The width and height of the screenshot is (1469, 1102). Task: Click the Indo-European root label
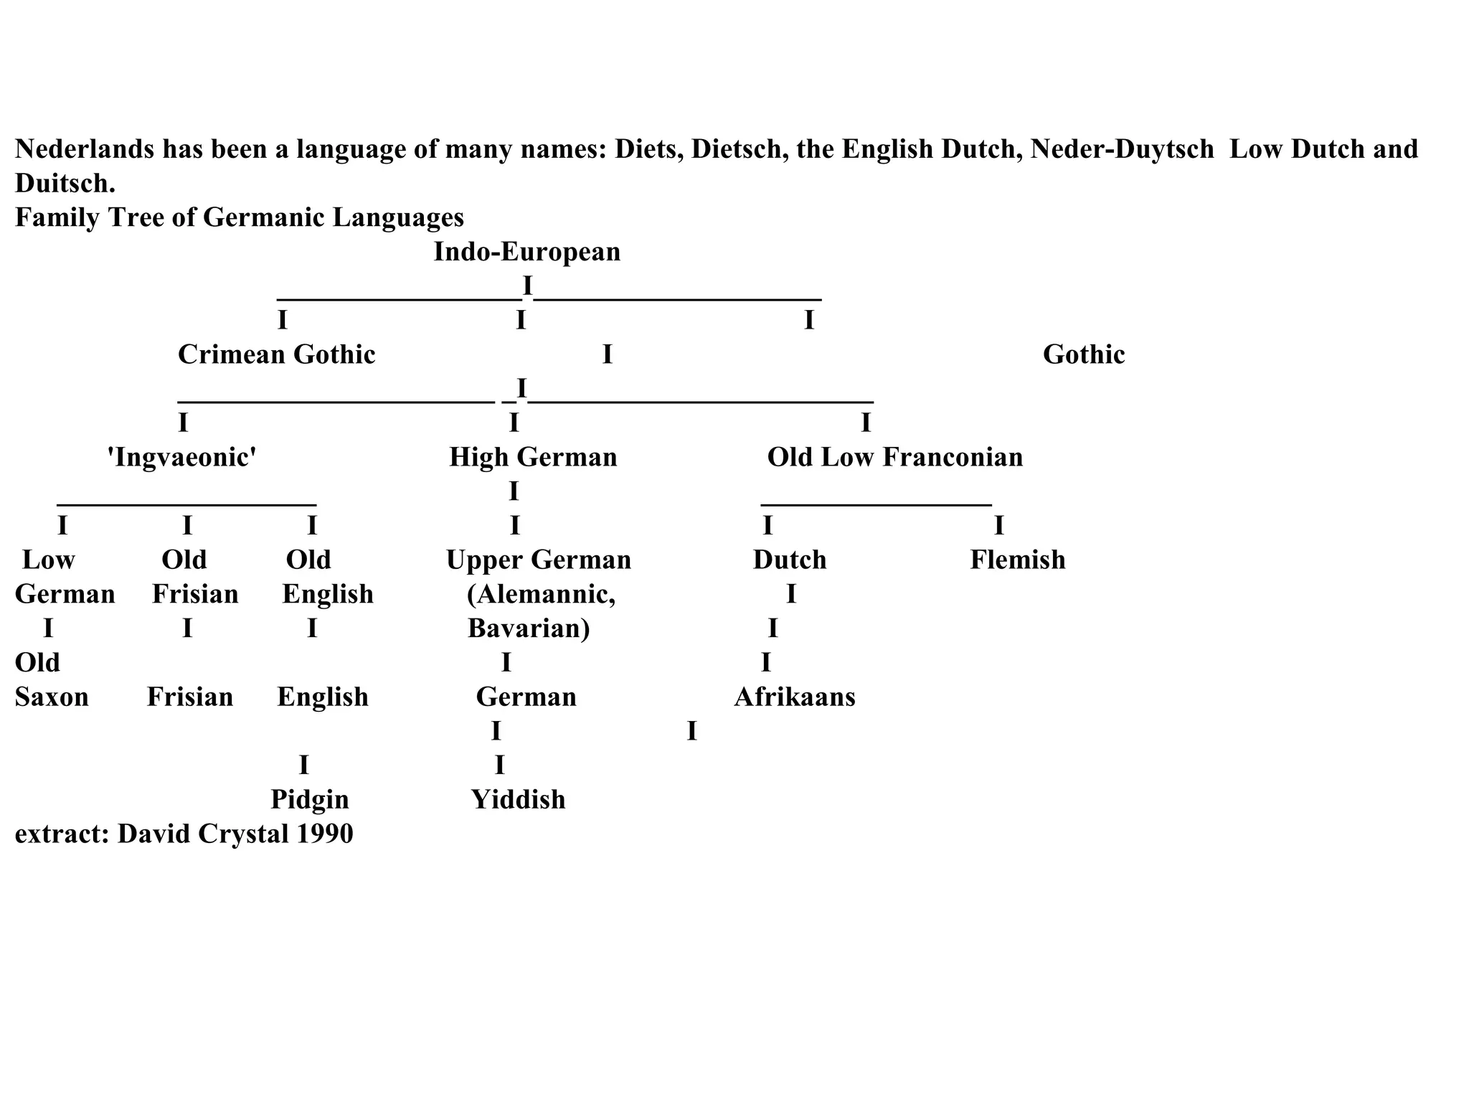tap(526, 252)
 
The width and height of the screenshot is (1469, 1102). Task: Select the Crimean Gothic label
tap(276, 354)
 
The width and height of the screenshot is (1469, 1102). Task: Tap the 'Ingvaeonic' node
tap(182, 457)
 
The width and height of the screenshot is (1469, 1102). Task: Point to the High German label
tap(533, 457)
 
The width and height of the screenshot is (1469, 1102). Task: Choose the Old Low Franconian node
tap(894, 457)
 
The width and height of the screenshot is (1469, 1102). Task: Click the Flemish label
tap(1017, 560)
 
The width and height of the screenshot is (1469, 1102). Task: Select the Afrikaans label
tap(794, 697)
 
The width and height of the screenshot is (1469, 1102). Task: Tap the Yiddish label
tap(518, 799)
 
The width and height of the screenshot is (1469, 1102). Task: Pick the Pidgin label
tap(309, 799)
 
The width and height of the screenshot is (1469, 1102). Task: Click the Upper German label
tap(538, 560)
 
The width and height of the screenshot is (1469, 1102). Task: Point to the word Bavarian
tap(529, 628)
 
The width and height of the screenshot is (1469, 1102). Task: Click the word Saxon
tap(52, 697)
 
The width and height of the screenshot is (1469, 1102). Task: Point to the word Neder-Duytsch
tap(1122, 149)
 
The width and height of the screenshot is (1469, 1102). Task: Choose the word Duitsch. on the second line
tap(65, 184)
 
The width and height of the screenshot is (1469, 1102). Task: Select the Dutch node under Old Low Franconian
tap(789, 560)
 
